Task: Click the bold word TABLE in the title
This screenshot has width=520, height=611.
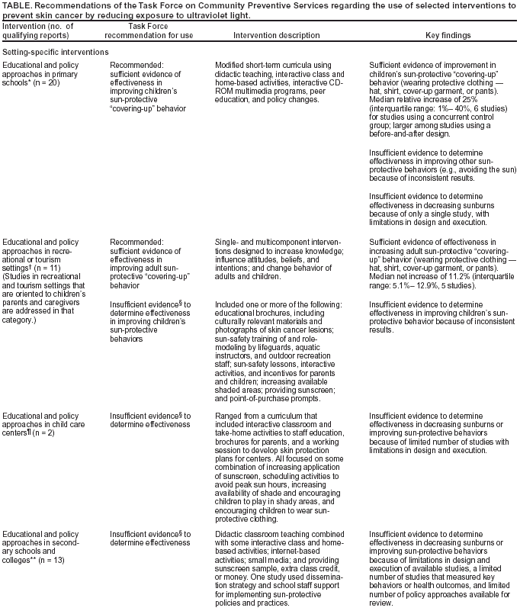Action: (x=16, y=5)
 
